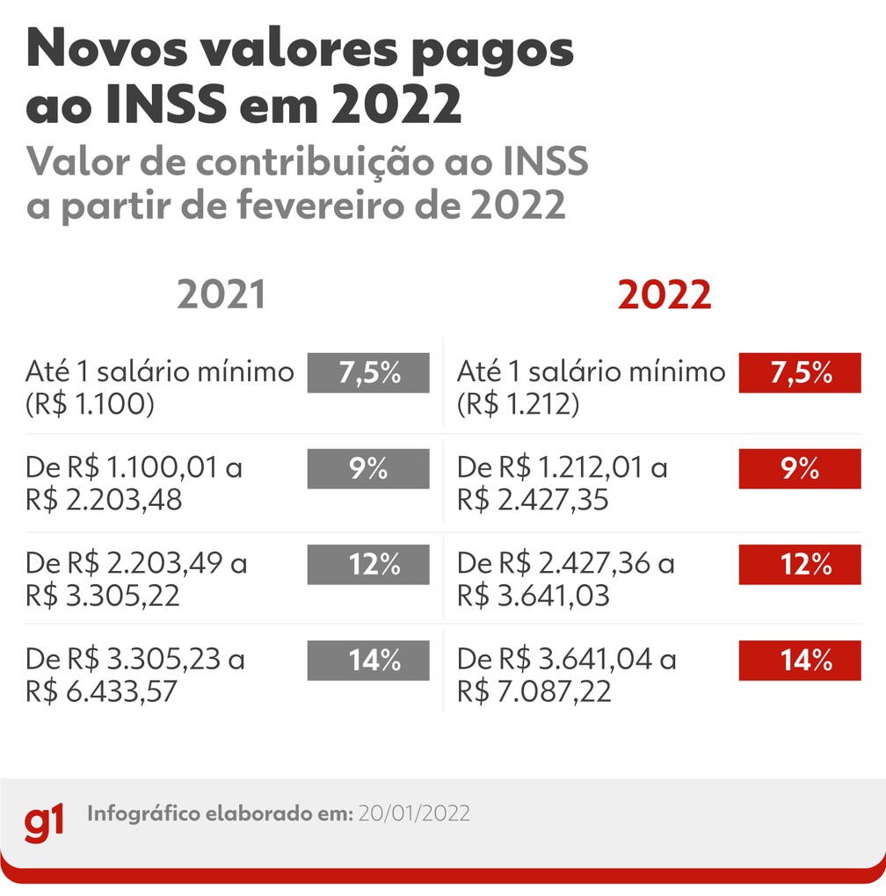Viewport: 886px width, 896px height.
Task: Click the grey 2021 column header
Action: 221,295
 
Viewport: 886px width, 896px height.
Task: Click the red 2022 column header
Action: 664,295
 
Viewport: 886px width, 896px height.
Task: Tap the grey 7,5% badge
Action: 368,372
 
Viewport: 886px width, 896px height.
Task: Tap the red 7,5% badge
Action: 800,372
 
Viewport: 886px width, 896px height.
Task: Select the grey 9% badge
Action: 368,469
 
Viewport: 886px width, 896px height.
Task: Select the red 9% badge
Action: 800,469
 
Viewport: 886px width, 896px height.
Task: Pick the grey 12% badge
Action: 368,565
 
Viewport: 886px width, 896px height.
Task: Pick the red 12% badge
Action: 800,565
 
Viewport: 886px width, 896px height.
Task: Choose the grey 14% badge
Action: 368,661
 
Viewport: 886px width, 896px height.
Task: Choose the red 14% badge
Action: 800,661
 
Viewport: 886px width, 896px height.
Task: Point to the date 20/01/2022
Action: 412,813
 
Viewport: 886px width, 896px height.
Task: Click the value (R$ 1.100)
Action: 91,405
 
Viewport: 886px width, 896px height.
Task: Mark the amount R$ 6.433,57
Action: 102,692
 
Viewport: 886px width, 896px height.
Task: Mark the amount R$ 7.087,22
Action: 534,692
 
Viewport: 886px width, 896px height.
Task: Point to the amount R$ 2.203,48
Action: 104,501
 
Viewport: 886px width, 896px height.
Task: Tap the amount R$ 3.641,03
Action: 534,596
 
